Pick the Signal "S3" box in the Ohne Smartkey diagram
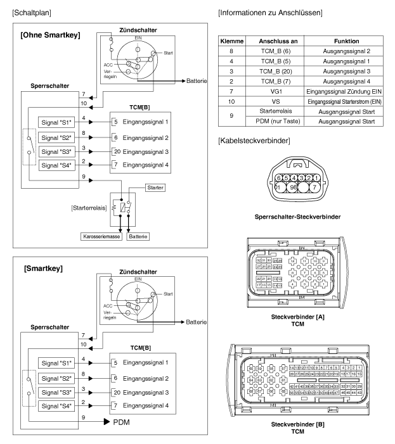(x=55, y=152)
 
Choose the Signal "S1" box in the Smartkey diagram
(x=55, y=364)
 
